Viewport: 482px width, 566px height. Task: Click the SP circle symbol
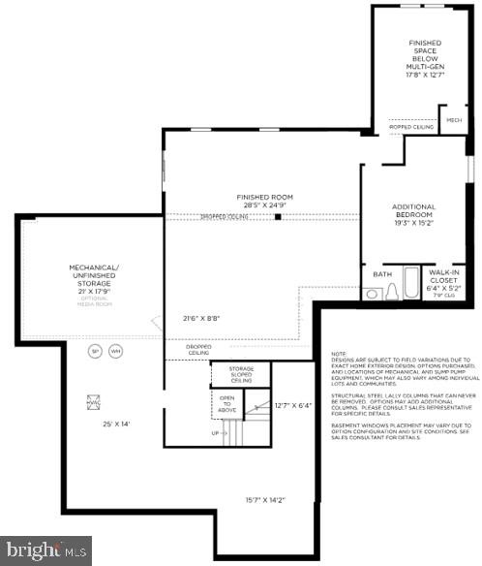(95, 351)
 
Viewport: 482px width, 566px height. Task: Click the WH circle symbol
(116, 351)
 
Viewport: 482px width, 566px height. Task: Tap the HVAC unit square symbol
(95, 400)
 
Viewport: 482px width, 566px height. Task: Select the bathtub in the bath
(411, 284)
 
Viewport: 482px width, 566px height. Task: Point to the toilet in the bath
(392, 293)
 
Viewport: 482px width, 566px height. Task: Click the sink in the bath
(373, 294)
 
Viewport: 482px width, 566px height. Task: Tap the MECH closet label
(452, 119)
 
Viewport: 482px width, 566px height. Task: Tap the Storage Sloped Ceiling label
(241, 374)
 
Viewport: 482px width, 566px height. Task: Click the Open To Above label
(226, 403)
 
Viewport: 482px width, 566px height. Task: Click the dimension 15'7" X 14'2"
(264, 499)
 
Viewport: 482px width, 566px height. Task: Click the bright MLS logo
(45, 550)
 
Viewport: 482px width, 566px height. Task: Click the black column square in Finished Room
(277, 217)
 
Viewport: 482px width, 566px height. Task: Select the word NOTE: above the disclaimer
(338, 354)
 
